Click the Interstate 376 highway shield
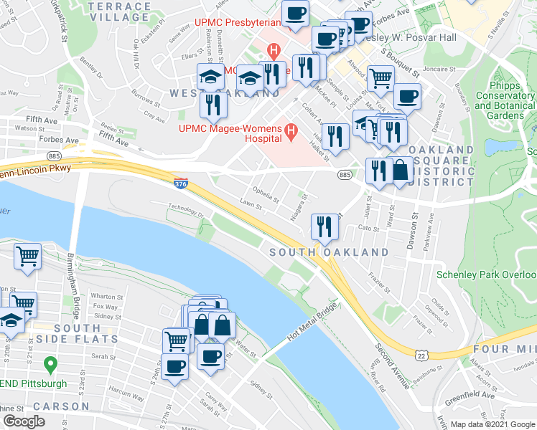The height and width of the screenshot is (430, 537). point(182,183)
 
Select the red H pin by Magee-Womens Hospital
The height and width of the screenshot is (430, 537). point(291,130)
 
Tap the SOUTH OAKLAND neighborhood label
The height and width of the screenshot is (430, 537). point(330,253)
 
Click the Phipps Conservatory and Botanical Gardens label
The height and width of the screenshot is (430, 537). point(505,100)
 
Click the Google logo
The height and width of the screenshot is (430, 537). point(24,421)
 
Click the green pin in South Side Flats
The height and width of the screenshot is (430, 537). point(50,365)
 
